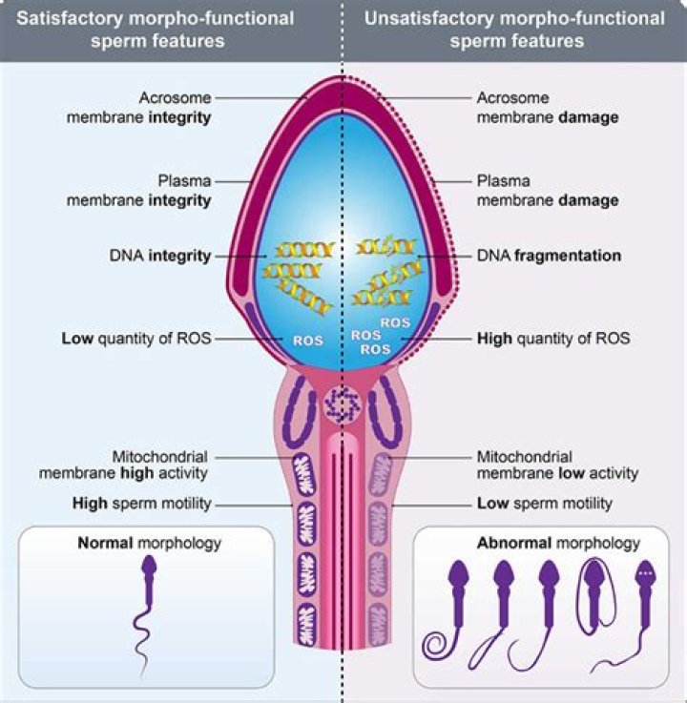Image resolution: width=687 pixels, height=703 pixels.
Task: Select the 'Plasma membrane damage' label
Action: pyautogui.click(x=546, y=190)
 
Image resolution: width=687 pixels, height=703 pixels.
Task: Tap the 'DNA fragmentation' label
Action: pyautogui.click(x=549, y=256)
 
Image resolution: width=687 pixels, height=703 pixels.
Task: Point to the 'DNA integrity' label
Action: pyautogui.click(x=159, y=256)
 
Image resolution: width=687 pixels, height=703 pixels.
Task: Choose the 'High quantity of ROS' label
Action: pyautogui.click(x=552, y=338)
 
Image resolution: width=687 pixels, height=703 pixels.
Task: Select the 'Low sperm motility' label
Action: pyautogui.click(x=544, y=503)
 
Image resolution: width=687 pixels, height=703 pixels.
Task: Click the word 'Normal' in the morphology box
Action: pyautogui.click(x=106, y=544)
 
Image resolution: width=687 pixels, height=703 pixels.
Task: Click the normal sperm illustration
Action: pyautogui.click(x=148, y=610)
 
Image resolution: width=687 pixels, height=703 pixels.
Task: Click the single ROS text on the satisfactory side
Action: pyautogui.click(x=308, y=340)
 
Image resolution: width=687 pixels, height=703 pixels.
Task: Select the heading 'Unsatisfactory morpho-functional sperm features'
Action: pyautogui.click(x=515, y=29)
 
